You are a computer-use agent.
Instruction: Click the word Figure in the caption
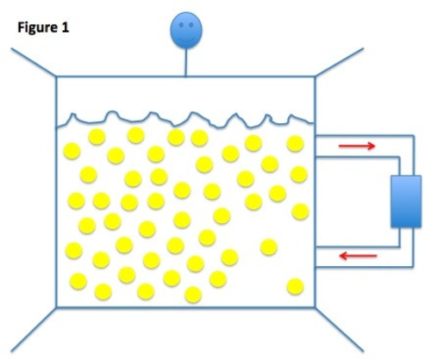click(x=37, y=28)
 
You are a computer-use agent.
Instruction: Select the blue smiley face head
click(x=186, y=30)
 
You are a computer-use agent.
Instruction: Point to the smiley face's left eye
click(x=181, y=25)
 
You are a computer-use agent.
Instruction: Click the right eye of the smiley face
click(x=191, y=25)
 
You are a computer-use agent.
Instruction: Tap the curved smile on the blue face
click(x=186, y=39)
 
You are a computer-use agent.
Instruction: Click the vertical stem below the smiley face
click(x=185, y=62)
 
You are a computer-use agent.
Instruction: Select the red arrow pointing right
click(x=357, y=146)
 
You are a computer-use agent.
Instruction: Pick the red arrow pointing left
click(x=358, y=256)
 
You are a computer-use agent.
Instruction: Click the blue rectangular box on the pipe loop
click(x=406, y=202)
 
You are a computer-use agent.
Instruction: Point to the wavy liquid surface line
click(x=185, y=120)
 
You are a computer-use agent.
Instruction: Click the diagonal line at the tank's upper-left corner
click(x=34, y=62)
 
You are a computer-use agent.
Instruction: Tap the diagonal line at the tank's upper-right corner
click(x=340, y=62)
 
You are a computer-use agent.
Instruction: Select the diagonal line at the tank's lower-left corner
click(x=34, y=329)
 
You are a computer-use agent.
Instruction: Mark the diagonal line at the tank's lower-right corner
click(x=340, y=329)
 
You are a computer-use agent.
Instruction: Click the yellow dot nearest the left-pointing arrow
click(x=269, y=247)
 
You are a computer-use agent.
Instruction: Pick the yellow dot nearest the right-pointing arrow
click(x=296, y=144)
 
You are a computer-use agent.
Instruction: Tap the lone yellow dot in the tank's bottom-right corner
click(x=295, y=287)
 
